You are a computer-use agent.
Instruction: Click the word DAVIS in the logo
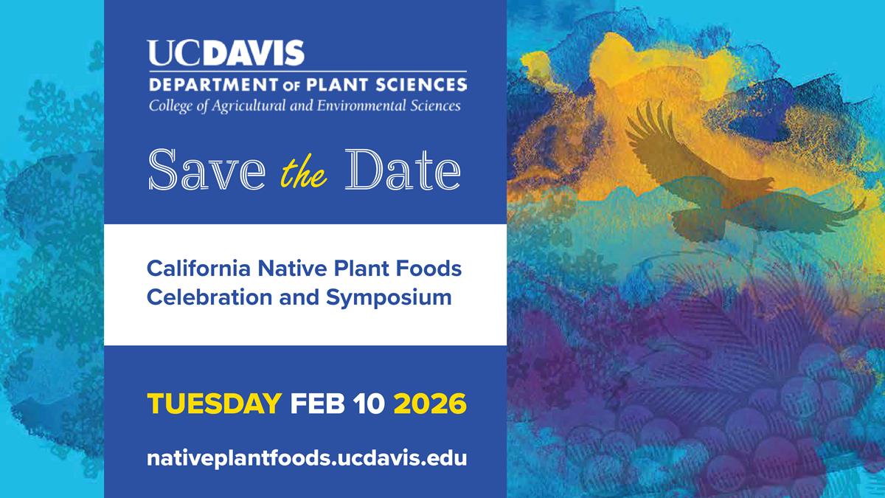tap(256, 52)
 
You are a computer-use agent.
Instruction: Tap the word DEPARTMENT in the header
tap(214, 85)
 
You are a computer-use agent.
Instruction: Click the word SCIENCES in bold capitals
tap(421, 85)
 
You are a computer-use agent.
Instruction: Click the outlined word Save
tap(207, 170)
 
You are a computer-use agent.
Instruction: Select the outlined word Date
tap(403, 170)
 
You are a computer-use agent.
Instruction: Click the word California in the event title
tap(198, 269)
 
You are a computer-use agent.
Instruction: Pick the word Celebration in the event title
tap(209, 297)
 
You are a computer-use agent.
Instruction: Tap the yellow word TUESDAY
tap(215, 404)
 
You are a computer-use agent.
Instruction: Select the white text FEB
tap(318, 404)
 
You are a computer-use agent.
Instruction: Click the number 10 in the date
tap(369, 404)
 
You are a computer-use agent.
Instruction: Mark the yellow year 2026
tap(430, 404)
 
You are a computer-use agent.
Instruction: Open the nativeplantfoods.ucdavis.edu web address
tap(307, 458)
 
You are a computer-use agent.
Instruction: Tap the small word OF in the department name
tap(293, 86)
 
